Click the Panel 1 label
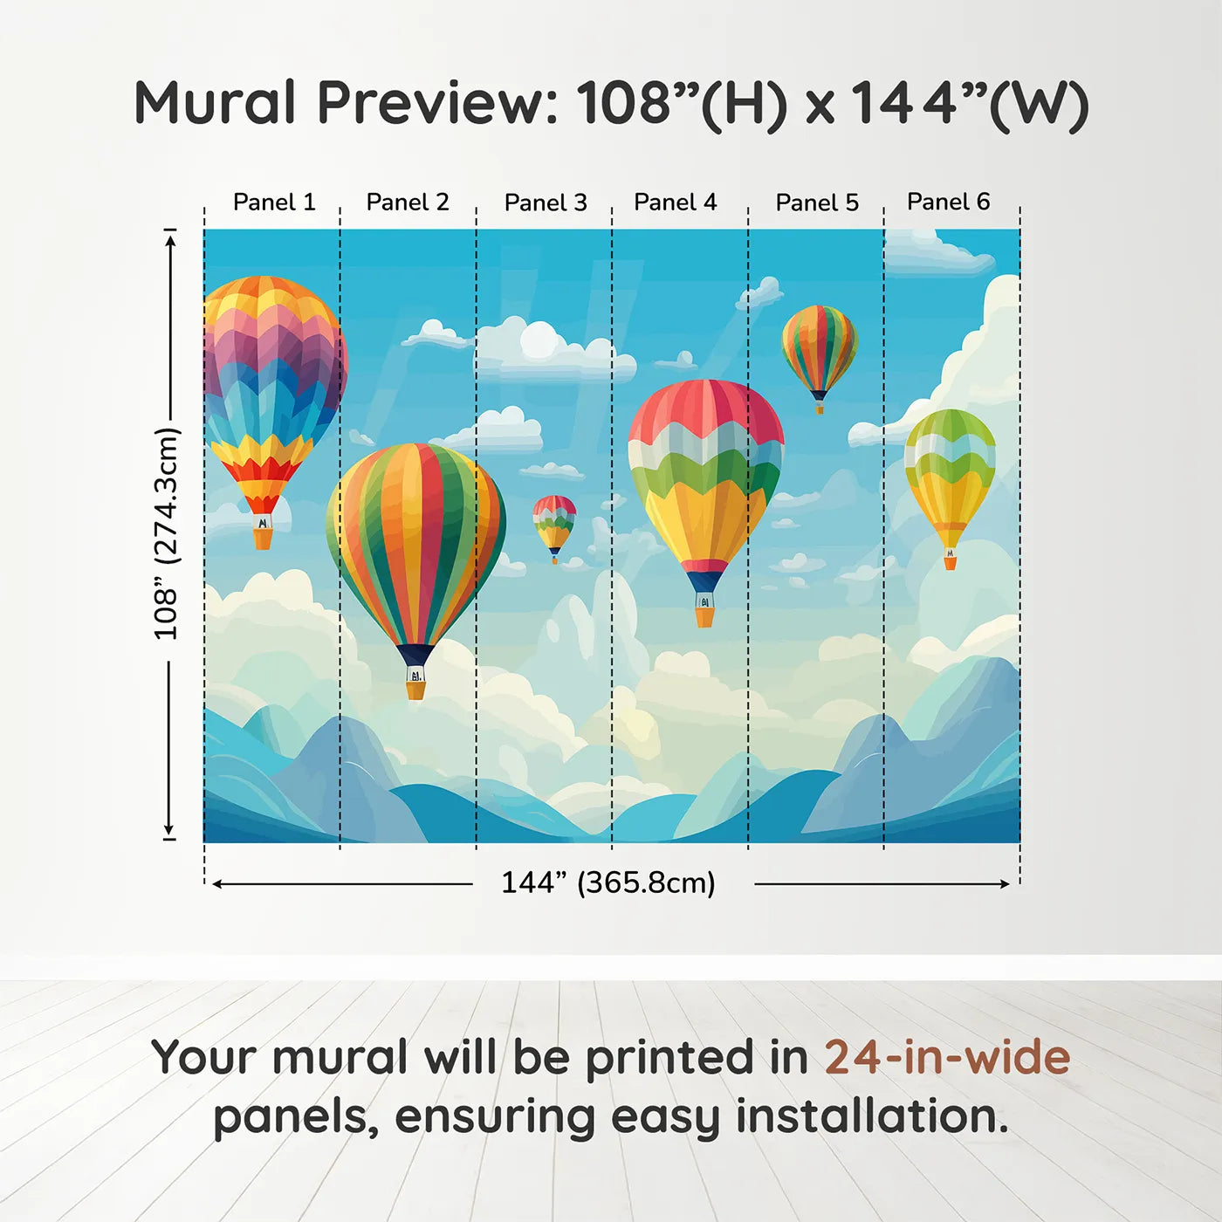(274, 203)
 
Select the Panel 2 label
(407, 203)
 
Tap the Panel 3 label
(546, 203)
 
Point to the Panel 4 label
(675, 203)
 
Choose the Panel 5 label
(817, 203)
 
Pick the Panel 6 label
(948, 202)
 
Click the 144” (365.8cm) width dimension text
(608, 882)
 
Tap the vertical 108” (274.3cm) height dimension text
(167, 533)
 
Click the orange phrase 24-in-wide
(947, 1057)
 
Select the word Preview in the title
(438, 103)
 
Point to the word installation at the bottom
(871, 1116)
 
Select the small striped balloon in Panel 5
(820, 358)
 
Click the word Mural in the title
(216, 103)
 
